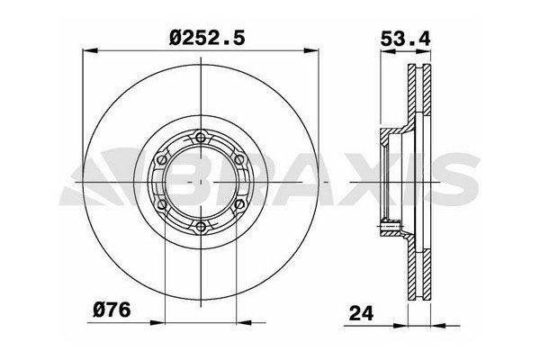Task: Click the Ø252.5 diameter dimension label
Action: point(207,38)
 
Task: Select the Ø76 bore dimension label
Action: point(112,310)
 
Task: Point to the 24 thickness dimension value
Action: point(361,313)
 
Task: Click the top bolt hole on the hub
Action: point(201,138)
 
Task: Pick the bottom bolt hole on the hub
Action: point(201,226)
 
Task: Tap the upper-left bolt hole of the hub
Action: point(161,159)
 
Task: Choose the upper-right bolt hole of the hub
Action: point(239,159)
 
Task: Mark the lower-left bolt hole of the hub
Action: point(161,204)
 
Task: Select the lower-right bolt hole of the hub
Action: point(239,204)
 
